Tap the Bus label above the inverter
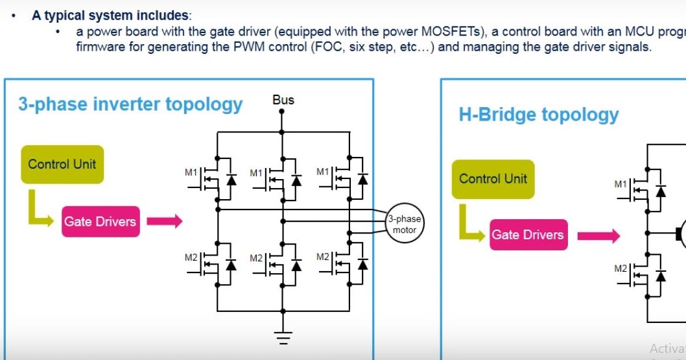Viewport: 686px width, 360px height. (x=283, y=100)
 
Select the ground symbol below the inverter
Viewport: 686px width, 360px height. (x=282, y=337)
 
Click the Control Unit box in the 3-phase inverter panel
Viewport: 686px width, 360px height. (x=62, y=164)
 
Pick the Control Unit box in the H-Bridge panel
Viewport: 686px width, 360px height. (x=493, y=179)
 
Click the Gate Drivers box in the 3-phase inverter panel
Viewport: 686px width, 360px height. (x=100, y=222)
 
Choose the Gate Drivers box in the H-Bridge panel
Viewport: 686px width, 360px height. (x=528, y=235)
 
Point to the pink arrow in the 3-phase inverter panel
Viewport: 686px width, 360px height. (x=164, y=222)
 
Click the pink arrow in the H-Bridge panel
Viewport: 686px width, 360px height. (x=598, y=235)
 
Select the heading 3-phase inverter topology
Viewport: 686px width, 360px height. (x=130, y=104)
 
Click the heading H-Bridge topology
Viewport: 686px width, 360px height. (x=538, y=115)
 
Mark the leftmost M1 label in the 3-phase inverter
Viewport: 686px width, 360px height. (x=191, y=173)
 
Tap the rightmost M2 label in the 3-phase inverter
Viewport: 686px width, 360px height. (x=323, y=257)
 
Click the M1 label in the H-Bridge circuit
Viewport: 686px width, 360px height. (x=621, y=184)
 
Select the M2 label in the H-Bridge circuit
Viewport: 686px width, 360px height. (x=621, y=269)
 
